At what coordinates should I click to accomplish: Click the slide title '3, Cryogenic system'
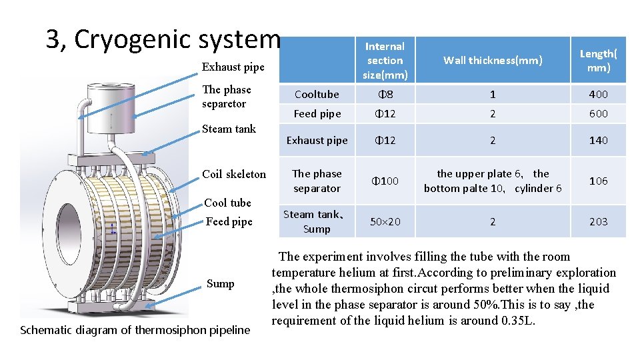click(163, 39)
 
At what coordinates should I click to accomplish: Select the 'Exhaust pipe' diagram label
click(233, 67)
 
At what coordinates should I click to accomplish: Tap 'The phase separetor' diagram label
click(227, 97)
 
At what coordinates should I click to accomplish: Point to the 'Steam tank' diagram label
click(229, 129)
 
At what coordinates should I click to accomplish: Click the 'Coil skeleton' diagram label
click(234, 174)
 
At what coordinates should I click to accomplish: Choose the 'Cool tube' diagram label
click(227, 203)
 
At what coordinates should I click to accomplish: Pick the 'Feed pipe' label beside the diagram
click(229, 221)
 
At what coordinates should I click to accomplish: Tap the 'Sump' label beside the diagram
click(220, 283)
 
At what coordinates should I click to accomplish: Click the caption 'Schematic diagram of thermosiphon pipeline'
click(135, 329)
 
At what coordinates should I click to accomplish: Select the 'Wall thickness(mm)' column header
click(493, 61)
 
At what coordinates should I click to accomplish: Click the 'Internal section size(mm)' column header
click(385, 61)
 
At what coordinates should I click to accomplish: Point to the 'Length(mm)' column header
click(598, 61)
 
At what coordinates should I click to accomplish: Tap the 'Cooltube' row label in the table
click(317, 95)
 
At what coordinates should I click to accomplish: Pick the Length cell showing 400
click(598, 95)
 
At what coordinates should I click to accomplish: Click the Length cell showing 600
click(598, 113)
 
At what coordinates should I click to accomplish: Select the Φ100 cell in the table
click(385, 181)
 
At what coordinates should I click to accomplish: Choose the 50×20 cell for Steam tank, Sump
click(385, 221)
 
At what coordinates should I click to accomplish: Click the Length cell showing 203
click(598, 221)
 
